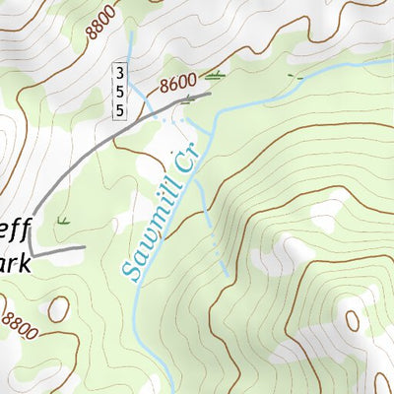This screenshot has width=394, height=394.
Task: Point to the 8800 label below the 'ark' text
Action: click(x=20, y=325)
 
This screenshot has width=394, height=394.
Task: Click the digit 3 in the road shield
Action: click(x=119, y=73)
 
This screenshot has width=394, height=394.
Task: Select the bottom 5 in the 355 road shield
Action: click(x=119, y=110)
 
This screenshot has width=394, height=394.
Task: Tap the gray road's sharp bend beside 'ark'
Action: click(x=30, y=248)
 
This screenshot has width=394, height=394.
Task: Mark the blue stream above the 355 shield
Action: click(x=130, y=44)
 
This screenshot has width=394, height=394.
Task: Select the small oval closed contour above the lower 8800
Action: click(x=58, y=308)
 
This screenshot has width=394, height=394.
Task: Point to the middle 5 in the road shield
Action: click(x=119, y=92)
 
